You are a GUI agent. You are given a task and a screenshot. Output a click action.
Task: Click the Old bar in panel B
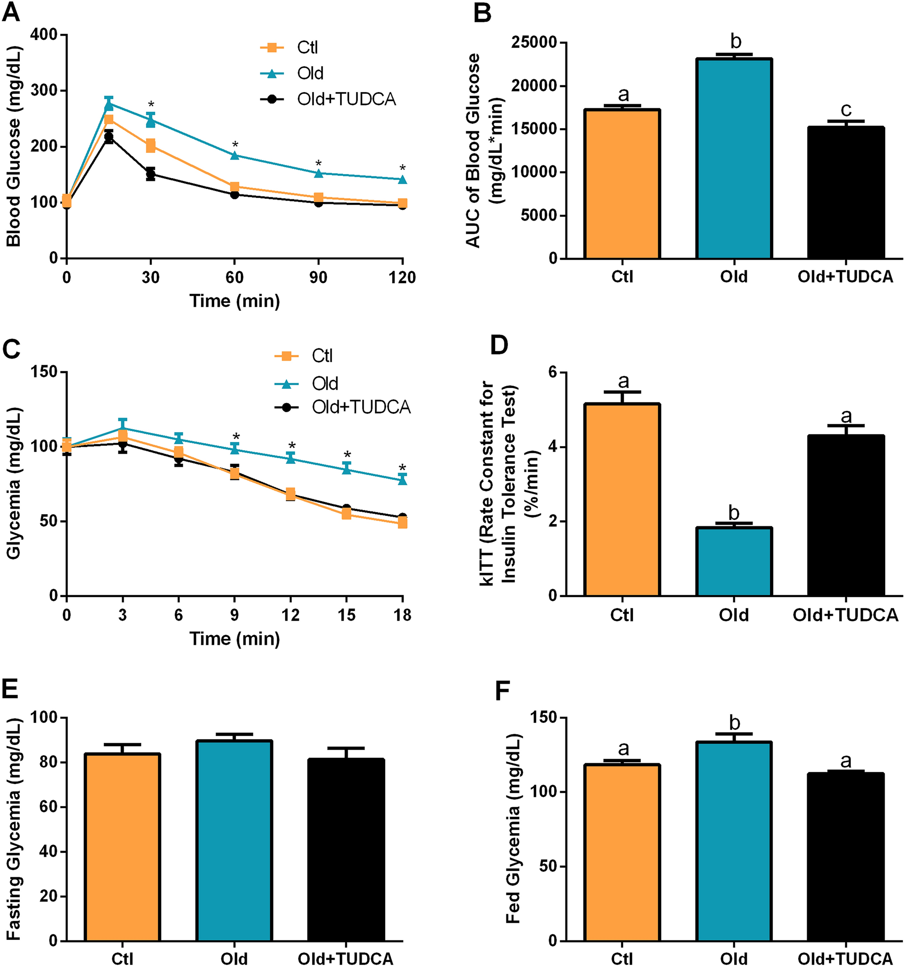coord(734,158)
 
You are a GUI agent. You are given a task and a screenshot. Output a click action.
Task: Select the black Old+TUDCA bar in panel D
coord(845,516)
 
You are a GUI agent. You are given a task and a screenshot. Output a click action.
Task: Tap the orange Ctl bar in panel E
coord(122,848)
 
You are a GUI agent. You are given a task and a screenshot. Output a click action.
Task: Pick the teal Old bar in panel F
coord(734,842)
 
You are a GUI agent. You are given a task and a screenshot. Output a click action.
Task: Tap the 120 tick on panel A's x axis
coord(402,278)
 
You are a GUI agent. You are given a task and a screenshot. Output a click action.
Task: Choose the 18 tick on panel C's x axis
coord(402,615)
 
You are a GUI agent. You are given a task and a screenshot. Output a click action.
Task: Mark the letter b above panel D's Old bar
coord(734,513)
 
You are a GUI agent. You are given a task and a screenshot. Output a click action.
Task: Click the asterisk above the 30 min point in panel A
coord(151,105)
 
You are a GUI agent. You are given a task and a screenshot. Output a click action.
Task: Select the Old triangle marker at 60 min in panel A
coord(235,155)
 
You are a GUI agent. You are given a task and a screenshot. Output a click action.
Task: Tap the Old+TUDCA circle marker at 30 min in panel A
coord(151,174)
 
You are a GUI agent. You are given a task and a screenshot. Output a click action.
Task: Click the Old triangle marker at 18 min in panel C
coord(402,480)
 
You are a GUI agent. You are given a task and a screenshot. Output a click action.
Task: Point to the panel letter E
coord(10,689)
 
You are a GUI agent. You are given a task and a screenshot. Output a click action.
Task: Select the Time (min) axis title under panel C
coord(234,639)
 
